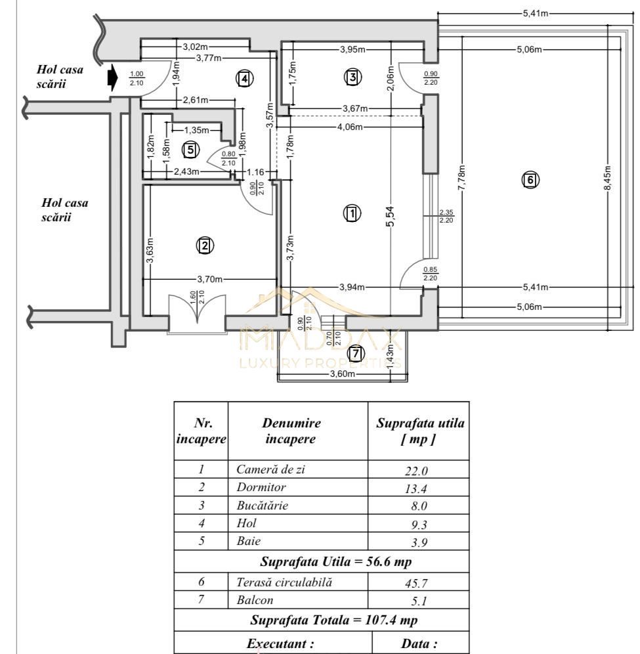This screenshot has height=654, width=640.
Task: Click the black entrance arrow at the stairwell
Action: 112,78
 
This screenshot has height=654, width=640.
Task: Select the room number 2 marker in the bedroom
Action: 205,246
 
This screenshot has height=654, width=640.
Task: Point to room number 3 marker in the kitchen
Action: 352,77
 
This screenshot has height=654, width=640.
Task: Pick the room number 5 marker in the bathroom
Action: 190,150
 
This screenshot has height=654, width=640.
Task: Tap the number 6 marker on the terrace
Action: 530,179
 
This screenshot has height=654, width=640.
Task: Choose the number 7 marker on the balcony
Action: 355,353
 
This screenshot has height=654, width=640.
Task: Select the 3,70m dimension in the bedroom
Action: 207,279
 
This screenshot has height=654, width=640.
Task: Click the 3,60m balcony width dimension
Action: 342,374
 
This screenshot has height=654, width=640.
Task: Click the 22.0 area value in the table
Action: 418,470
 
